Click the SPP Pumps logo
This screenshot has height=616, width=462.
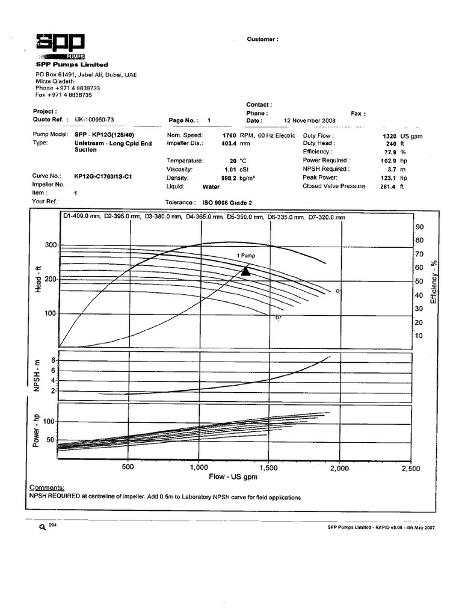tap(60, 46)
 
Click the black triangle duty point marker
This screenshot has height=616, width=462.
tap(245, 271)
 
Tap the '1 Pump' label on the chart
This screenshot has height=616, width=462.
tap(246, 256)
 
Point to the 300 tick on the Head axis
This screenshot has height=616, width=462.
tap(49, 245)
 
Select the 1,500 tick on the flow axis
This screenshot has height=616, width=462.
tap(269, 467)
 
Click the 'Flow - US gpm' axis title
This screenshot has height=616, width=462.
tap(233, 477)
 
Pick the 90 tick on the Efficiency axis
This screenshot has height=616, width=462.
tap(420, 227)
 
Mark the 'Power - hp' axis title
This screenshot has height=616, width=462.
tap(37, 430)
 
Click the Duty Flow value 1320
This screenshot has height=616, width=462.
tap(390, 137)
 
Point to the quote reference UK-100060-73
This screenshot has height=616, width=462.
tap(94, 120)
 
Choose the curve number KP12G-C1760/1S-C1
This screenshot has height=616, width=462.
tap(103, 176)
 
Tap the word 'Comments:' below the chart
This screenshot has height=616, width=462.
tap(47, 487)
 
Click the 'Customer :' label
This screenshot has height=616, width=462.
tap(262, 39)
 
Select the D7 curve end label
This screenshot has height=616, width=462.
tap(279, 317)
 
